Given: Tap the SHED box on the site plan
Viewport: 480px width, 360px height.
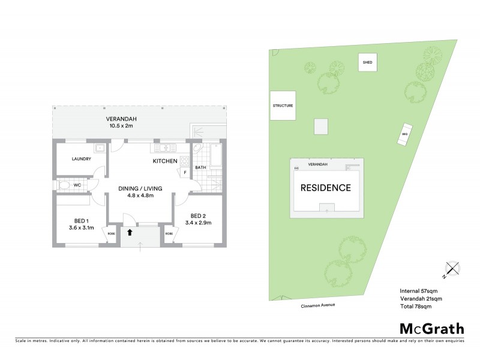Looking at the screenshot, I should coord(367,62).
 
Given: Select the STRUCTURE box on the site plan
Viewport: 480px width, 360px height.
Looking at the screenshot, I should coord(283,106).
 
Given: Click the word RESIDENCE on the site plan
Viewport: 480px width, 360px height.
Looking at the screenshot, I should coord(326,188).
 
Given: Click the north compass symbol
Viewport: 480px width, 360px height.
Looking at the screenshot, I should coord(451,271).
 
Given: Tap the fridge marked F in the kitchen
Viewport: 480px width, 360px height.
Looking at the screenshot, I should coord(185,173).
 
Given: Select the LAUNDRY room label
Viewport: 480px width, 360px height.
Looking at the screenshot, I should coord(81,159).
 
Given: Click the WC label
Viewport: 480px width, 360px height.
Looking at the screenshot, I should coord(77,185).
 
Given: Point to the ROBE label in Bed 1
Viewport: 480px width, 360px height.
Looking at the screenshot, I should coord(110,233).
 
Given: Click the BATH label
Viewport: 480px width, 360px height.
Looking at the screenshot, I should coord(200,168).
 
